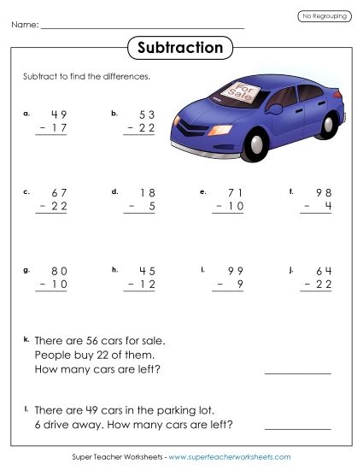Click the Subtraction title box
tap(180, 48)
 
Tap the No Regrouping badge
tap(323, 16)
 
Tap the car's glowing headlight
tap(220, 129)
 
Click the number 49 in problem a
tap(58, 115)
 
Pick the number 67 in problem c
tap(58, 193)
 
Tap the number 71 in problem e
tap(235, 193)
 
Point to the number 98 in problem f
tap(324, 193)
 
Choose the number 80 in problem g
tap(58, 272)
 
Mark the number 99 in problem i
tap(235, 272)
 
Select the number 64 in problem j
tap(324, 272)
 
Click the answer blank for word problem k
tap(297, 373)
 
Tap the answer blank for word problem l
tap(297, 427)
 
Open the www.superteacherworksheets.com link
tap(230, 457)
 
